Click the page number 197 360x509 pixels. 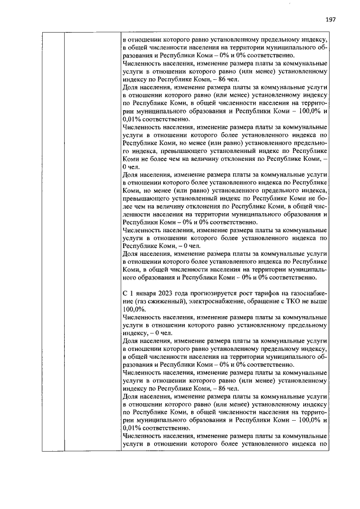pos(330,20)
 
